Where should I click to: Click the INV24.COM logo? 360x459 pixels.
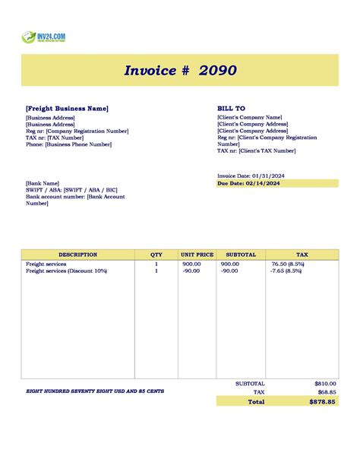tap(44, 36)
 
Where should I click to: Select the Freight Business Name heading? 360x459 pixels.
tap(67, 109)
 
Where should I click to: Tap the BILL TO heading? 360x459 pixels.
tap(231, 109)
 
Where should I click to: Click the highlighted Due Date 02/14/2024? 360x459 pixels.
tap(248, 183)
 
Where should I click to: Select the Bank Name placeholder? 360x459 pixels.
tap(43, 183)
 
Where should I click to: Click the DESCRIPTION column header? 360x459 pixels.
tap(77, 255)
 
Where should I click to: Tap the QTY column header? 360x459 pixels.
tap(156, 255)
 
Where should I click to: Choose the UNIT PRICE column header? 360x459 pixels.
tap(197, 255)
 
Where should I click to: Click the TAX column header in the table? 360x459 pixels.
tap(302, 255)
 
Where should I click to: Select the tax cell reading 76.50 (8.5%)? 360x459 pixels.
tap(287, 264)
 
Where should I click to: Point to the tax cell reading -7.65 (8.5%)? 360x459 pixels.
tap(287, 271)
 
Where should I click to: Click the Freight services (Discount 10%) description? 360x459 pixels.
tap(66, 271)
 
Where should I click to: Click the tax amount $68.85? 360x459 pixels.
tap(326, 392)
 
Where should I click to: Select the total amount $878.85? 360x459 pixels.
tap(322, 401)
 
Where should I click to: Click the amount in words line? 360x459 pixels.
tap(95, 391)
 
